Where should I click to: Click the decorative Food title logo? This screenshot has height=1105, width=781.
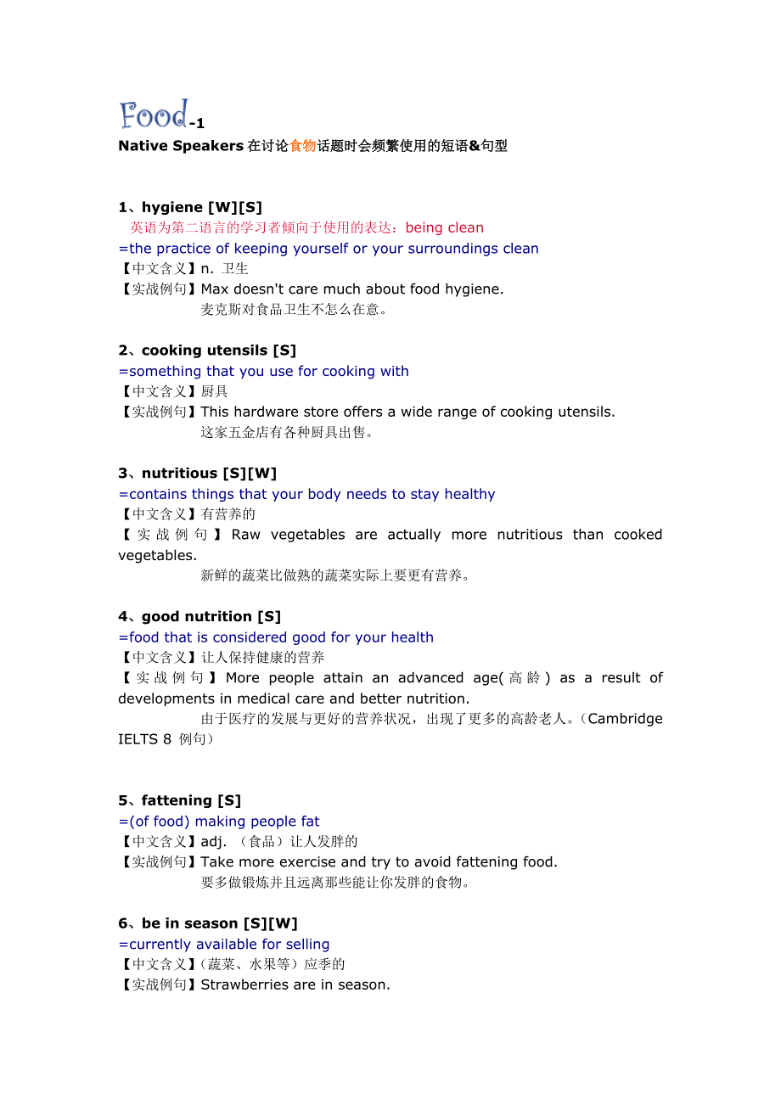pyautogui.click(x=154, y=115)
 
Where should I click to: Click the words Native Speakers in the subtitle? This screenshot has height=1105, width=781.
pyautogui.click(x=181, y=146)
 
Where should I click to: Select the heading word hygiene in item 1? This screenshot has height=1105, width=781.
pyautogui.click(x=172, y=207)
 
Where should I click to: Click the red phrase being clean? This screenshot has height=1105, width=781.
pyautogui.click(x=445, y=227)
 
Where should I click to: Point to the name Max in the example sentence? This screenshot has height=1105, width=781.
pyautogui.click(x=215, y=289)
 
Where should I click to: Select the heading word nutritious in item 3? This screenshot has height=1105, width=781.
pyautogui.click(x=180, y=474)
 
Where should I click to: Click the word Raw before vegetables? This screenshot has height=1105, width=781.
pyautogui.click(x=246, y=535)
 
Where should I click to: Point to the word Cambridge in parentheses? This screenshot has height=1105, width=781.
pyautogui.click(x=625, y=719)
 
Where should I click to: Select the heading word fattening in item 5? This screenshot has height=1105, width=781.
pyautogui.click(x=177, y=801)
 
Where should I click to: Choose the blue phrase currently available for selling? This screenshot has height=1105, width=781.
pyautogui.click(x=229, y=945)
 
